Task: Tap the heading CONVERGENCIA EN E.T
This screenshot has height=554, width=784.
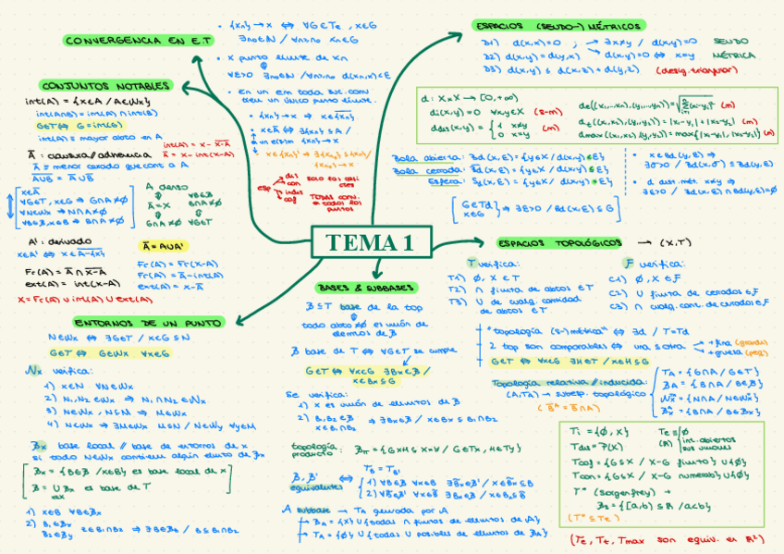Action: point(138,41)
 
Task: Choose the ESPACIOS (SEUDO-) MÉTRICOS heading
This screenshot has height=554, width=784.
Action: point(557,26)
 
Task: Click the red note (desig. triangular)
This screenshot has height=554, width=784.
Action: point(692,69)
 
